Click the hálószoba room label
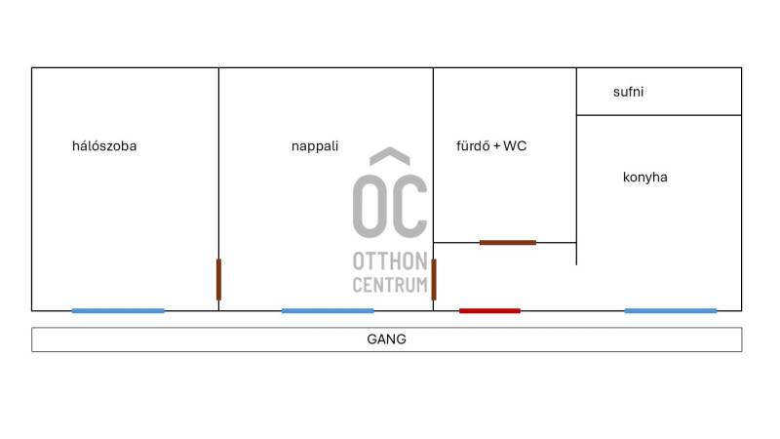104,145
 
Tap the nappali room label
315,146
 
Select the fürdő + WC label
491,145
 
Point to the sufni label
628,92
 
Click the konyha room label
645,178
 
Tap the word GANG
386,339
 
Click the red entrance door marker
490,311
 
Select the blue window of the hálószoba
118,311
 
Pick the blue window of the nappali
328,311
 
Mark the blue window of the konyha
671,311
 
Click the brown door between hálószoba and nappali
218,280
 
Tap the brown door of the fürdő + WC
508,243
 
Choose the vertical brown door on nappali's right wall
434,280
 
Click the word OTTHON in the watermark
390,261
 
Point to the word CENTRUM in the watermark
390,285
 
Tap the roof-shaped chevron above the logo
390,155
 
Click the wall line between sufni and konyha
659,115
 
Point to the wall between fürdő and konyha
576,166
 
